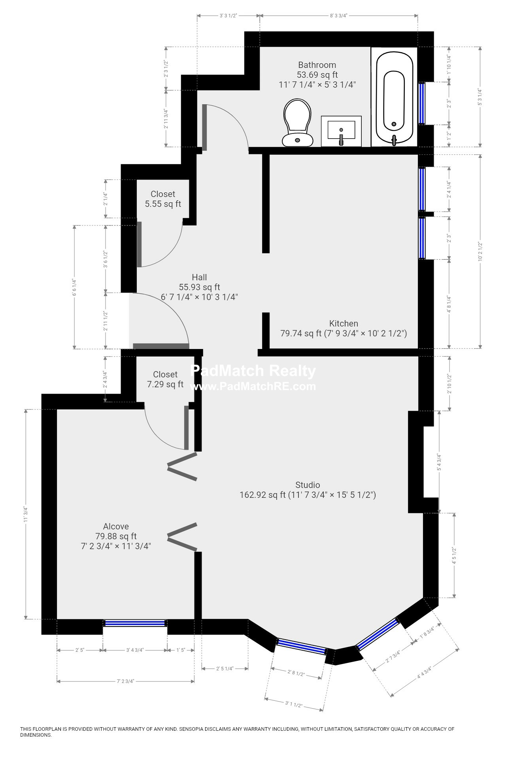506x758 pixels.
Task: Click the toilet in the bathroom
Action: click(x=297, y=122)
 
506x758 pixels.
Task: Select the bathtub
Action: click(x=394, y=98)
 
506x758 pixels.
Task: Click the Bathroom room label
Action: click(x=317, y=65)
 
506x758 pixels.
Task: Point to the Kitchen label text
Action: click(x=344, y=324)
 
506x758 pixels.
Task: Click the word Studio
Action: click(x=308, y=485)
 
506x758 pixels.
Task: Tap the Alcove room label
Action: click(x=116, y=526)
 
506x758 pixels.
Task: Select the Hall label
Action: click(x=199, y=277)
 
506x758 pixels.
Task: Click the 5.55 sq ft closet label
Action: click(x=163, y=199)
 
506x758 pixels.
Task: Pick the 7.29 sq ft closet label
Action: click(x=165, y=379)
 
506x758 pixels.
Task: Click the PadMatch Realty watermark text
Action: click(x=253, y=371)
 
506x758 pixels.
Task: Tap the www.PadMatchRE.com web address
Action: click(x=253, y=386)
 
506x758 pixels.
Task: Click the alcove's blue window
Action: click(x=135, y=623)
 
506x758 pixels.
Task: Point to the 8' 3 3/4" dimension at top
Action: click(x=339, y=16)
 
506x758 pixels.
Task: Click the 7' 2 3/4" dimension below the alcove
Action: click(x=125, y=681)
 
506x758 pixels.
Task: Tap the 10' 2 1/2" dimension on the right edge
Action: click(x=480, y=251)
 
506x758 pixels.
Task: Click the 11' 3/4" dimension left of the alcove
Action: click(x=26, y=515)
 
